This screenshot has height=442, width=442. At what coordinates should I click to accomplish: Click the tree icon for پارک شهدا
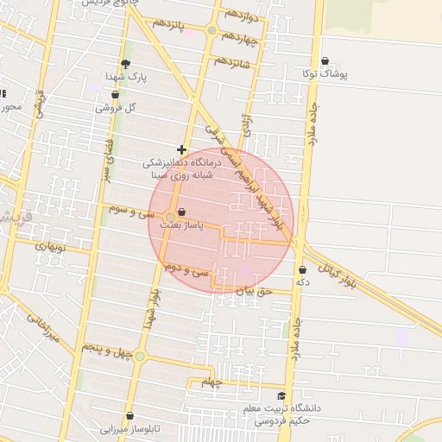tap(126, 63)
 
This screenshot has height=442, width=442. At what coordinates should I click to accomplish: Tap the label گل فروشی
tap(118, 108)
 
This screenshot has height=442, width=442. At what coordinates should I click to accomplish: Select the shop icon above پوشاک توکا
tap(325, 60)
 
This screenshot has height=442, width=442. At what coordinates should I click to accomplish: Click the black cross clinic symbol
tap(181, 149)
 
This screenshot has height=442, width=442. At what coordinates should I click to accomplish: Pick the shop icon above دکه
tap(302, 269)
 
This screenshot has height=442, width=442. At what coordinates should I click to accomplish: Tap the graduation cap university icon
tap(282, 395)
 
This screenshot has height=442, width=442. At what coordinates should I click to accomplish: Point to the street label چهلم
tap(211, 381)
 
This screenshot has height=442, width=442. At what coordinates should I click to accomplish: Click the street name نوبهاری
tap(49, 246)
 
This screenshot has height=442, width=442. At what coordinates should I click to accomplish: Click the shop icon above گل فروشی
tap(115, 95)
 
